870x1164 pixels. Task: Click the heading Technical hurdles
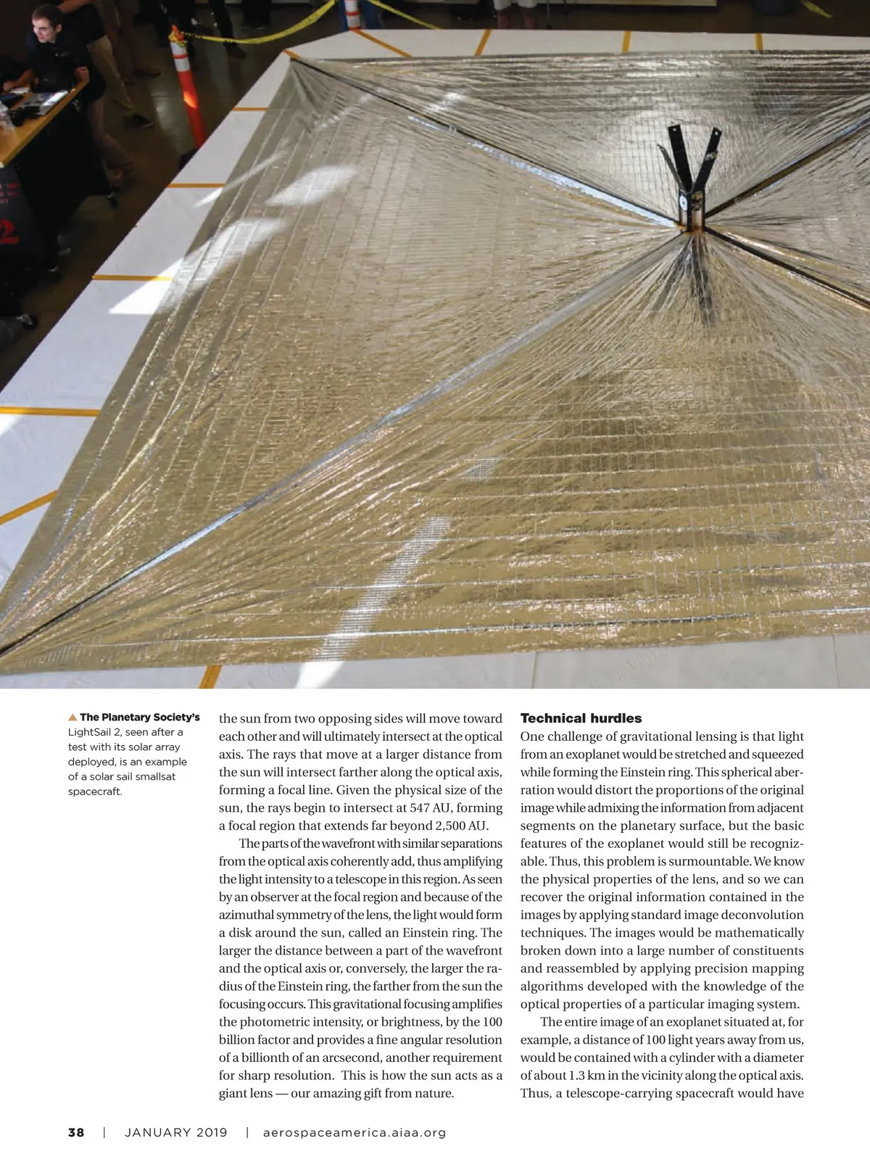[x=581, y=718]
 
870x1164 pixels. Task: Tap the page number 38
[x=76, y=1132]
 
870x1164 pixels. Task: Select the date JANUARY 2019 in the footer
[x=176, y=1132]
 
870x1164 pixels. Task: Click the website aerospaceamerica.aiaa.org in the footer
[x=355, y=1132]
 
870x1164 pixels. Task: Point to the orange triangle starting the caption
[x=72, y=718]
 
